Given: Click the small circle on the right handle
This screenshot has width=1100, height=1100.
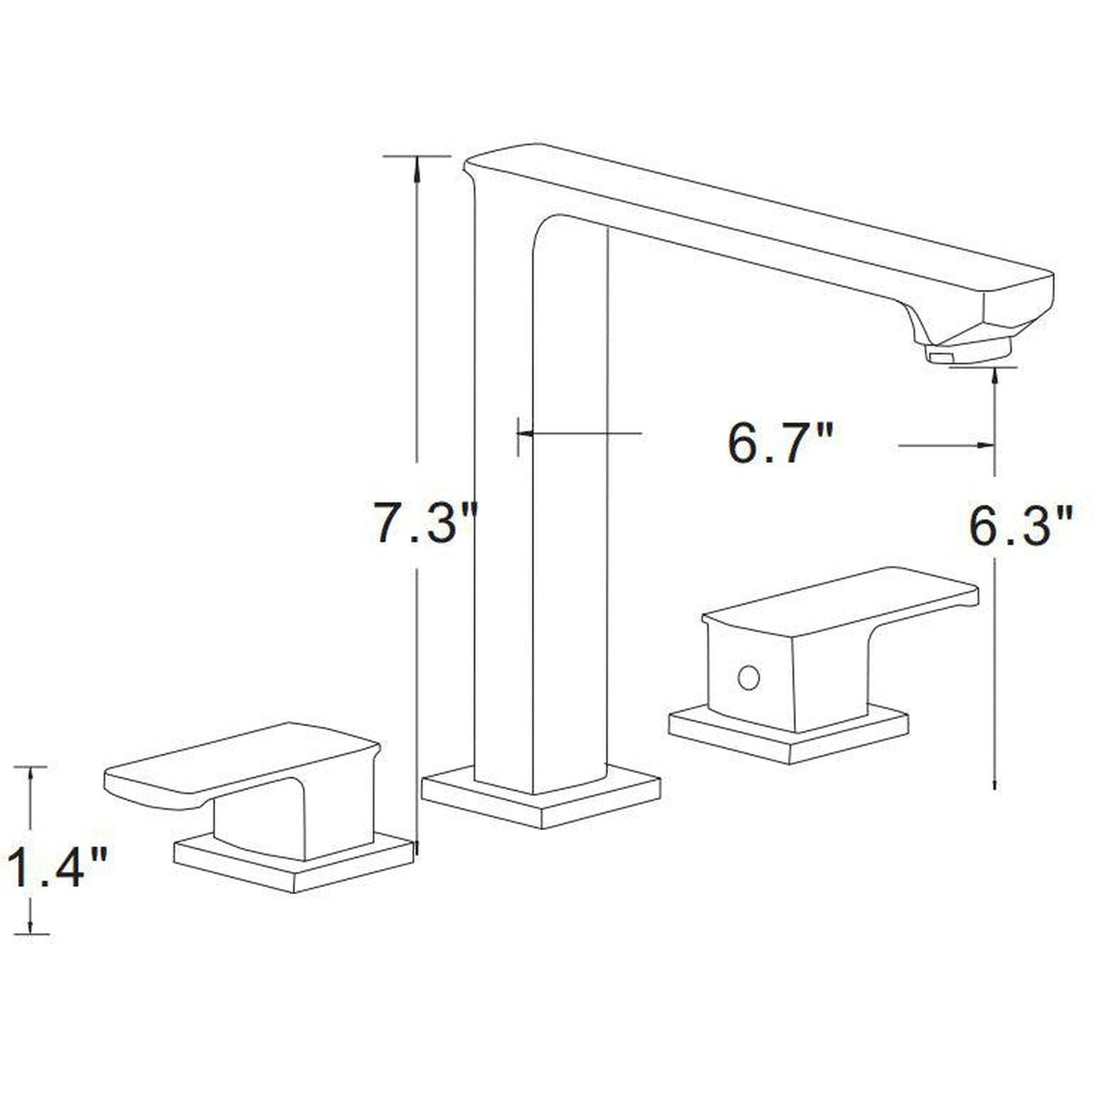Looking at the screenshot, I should click(x=748, y=678).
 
